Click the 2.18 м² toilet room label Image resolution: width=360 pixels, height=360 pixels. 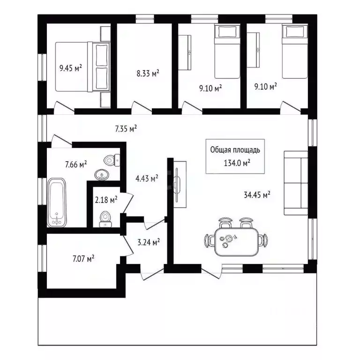pos(106,200)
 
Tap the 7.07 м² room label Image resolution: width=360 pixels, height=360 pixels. pos(84,258)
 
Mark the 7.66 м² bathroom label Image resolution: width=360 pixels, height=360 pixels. pos(76,164)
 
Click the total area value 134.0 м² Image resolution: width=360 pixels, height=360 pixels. pos(236,163)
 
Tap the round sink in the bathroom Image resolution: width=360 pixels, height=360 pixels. pos(101,175)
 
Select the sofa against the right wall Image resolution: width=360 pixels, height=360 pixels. pos(296,183)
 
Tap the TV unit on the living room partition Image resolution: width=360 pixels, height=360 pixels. pos(180,182)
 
